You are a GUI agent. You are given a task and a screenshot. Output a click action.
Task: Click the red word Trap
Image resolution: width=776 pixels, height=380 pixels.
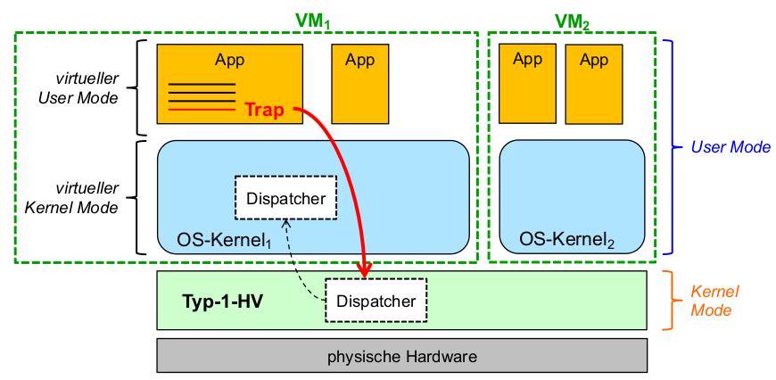(x=264, y=111)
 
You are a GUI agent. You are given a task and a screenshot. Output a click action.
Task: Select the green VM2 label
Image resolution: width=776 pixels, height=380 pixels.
(x=572, y=20)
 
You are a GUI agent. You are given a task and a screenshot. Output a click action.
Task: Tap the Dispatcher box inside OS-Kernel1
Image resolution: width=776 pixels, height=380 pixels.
(x=285, y=198)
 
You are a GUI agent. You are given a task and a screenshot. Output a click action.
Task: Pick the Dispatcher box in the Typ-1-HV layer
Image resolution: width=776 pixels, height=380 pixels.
(x=376, y=301)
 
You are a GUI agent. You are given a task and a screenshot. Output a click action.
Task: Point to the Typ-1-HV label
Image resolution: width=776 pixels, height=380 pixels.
(x=220, y=301)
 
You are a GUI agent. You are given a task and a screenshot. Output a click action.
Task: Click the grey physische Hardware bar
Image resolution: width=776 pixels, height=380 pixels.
(x=401, y=356)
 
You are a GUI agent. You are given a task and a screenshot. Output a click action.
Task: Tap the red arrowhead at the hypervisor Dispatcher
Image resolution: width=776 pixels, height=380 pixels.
(x=363, y=270)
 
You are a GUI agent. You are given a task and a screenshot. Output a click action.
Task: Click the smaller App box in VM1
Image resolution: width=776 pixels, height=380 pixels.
(x=359, y=84)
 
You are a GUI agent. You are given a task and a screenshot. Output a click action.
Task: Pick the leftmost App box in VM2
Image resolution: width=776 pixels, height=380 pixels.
(x=527, y=83)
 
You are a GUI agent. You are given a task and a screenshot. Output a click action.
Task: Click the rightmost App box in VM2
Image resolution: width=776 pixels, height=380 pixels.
(x=593, y=84)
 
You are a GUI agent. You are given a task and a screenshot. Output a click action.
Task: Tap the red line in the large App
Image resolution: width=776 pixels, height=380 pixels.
(x=202, y=110)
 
